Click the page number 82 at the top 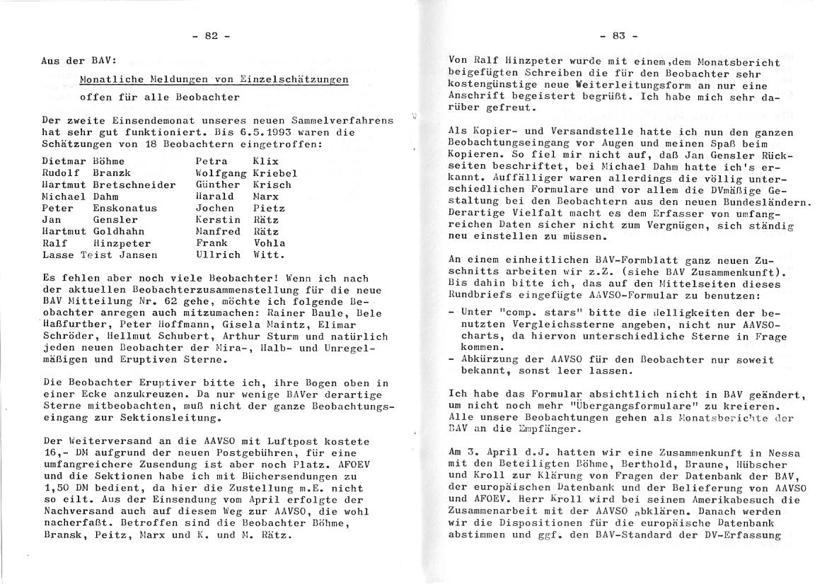pos(211,36)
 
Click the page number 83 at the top pos(619,35)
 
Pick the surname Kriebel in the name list pos(275,173)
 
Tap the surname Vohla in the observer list pos(270,243)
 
